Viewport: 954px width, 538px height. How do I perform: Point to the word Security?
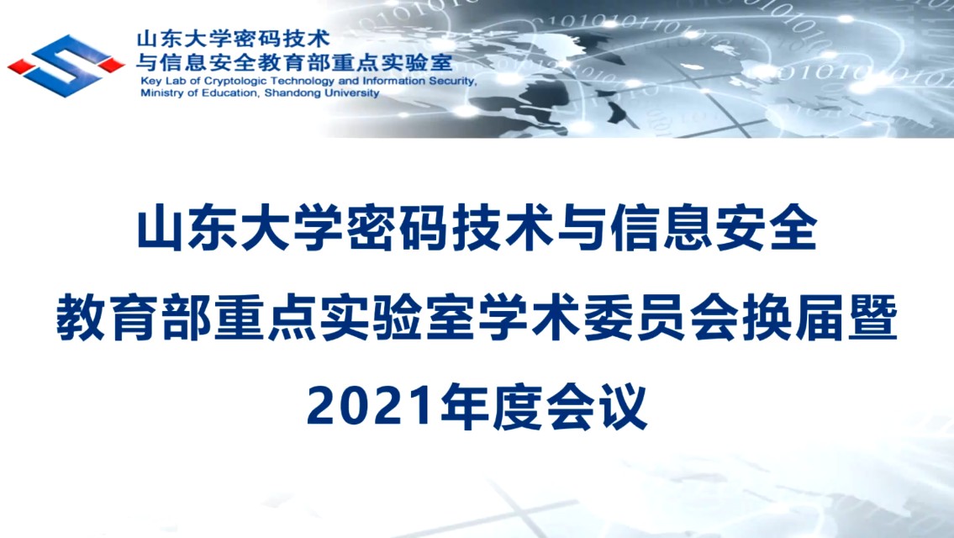tap(451, 81)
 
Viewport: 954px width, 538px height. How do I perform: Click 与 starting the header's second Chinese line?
tap(146, 62)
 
